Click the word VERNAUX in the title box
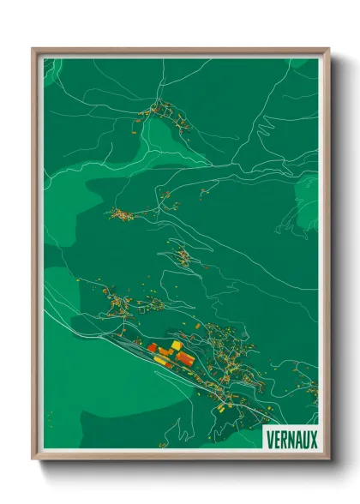tap(292, 437)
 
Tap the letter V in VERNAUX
tap(271, 437)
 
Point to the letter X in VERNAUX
tap(314, 437)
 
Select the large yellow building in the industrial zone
tap(177, 345)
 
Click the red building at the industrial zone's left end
tap(152, 348)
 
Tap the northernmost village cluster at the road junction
tap(158, 110)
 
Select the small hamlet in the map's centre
tap(182, 255)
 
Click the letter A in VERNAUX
tap(297, 437)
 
